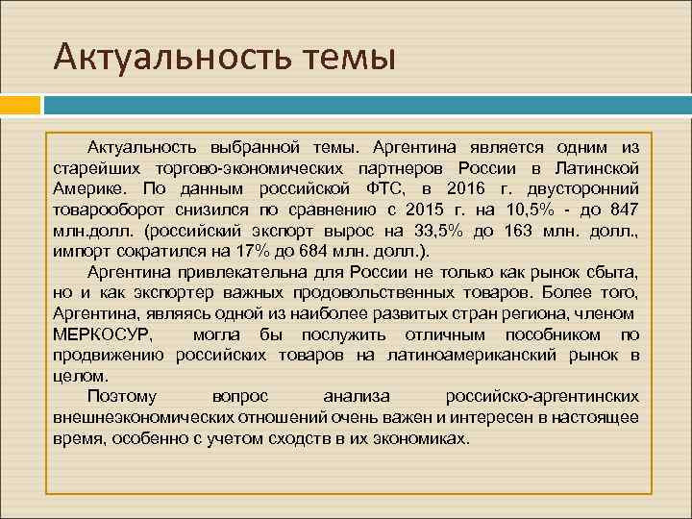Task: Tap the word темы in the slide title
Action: pyautogui.click(x=343, y=57)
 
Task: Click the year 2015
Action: pyautogui.click(x=427, y=209)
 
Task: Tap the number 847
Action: pyautogui.click(x=622, y=209)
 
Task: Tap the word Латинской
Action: pyautogui.click(x=598, y=167)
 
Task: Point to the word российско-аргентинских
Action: pyautogui.click(x=543, y=396)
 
